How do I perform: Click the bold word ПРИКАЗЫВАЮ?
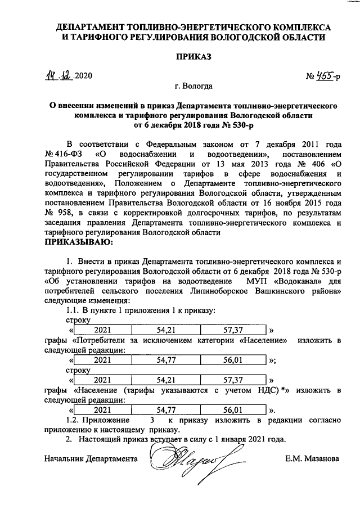(x=78, y=242)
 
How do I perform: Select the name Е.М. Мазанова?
(x=312, y=458)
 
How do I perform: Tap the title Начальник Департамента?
(x=91, y=458)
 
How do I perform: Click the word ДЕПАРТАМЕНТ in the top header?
(x=88, y=27)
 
